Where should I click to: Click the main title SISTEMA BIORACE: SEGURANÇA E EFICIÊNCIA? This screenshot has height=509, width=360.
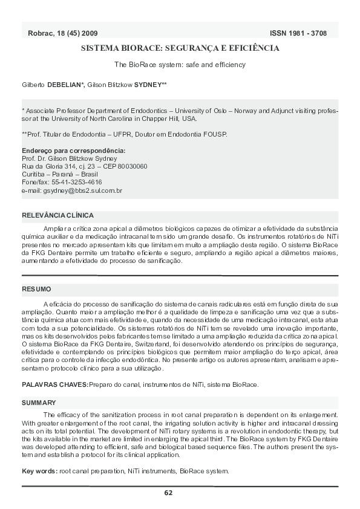coord(180,48)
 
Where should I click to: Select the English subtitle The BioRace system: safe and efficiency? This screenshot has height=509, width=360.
coord(180,64)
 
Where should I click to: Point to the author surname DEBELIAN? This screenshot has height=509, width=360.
coord(65,85)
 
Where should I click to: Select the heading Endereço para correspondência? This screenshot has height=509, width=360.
coord(73,150)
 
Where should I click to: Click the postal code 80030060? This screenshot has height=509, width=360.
coord(128,166)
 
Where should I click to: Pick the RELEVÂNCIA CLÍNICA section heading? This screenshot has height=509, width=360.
coord(57,215)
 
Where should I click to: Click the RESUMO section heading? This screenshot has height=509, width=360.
coord(36,290)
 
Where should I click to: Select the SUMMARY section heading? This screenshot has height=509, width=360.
coord(39,402)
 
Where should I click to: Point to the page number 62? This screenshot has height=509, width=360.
coord(168,493)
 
